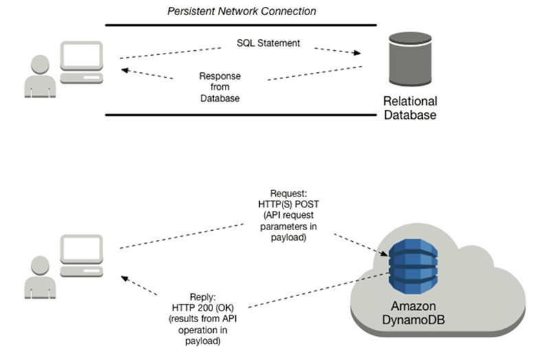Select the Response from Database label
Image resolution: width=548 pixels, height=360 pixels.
point(220,87)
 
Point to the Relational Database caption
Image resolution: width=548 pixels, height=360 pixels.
point(410,108)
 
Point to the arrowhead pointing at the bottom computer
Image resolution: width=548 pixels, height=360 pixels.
point(124,277)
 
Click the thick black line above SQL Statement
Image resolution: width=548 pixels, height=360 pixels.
point(240,25)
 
